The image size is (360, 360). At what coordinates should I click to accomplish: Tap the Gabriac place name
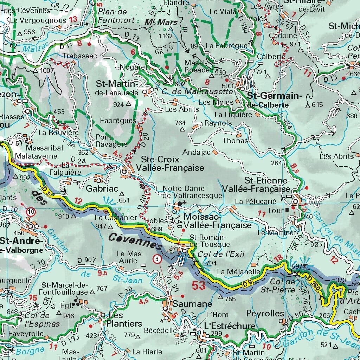(x=102, y=188)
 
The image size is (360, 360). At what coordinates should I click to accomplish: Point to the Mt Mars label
(x=157, y=22)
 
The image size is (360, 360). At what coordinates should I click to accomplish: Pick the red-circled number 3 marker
(x=157, y=259)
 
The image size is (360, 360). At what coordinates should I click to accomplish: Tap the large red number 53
(x=199, y=285)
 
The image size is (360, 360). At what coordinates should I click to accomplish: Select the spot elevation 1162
(x=166, y=36)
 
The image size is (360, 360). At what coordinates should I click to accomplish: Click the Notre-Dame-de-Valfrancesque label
(x=192, y=192)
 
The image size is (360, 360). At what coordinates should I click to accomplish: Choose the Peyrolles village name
(x=265, y=313)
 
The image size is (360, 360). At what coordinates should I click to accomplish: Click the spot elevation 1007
(x=47, y=70)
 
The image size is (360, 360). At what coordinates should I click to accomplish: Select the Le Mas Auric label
(x=129, y=257)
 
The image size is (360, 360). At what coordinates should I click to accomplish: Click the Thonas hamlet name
(x=235, y=141)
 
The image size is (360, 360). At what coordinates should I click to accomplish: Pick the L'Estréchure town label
(x=230, y=326)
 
